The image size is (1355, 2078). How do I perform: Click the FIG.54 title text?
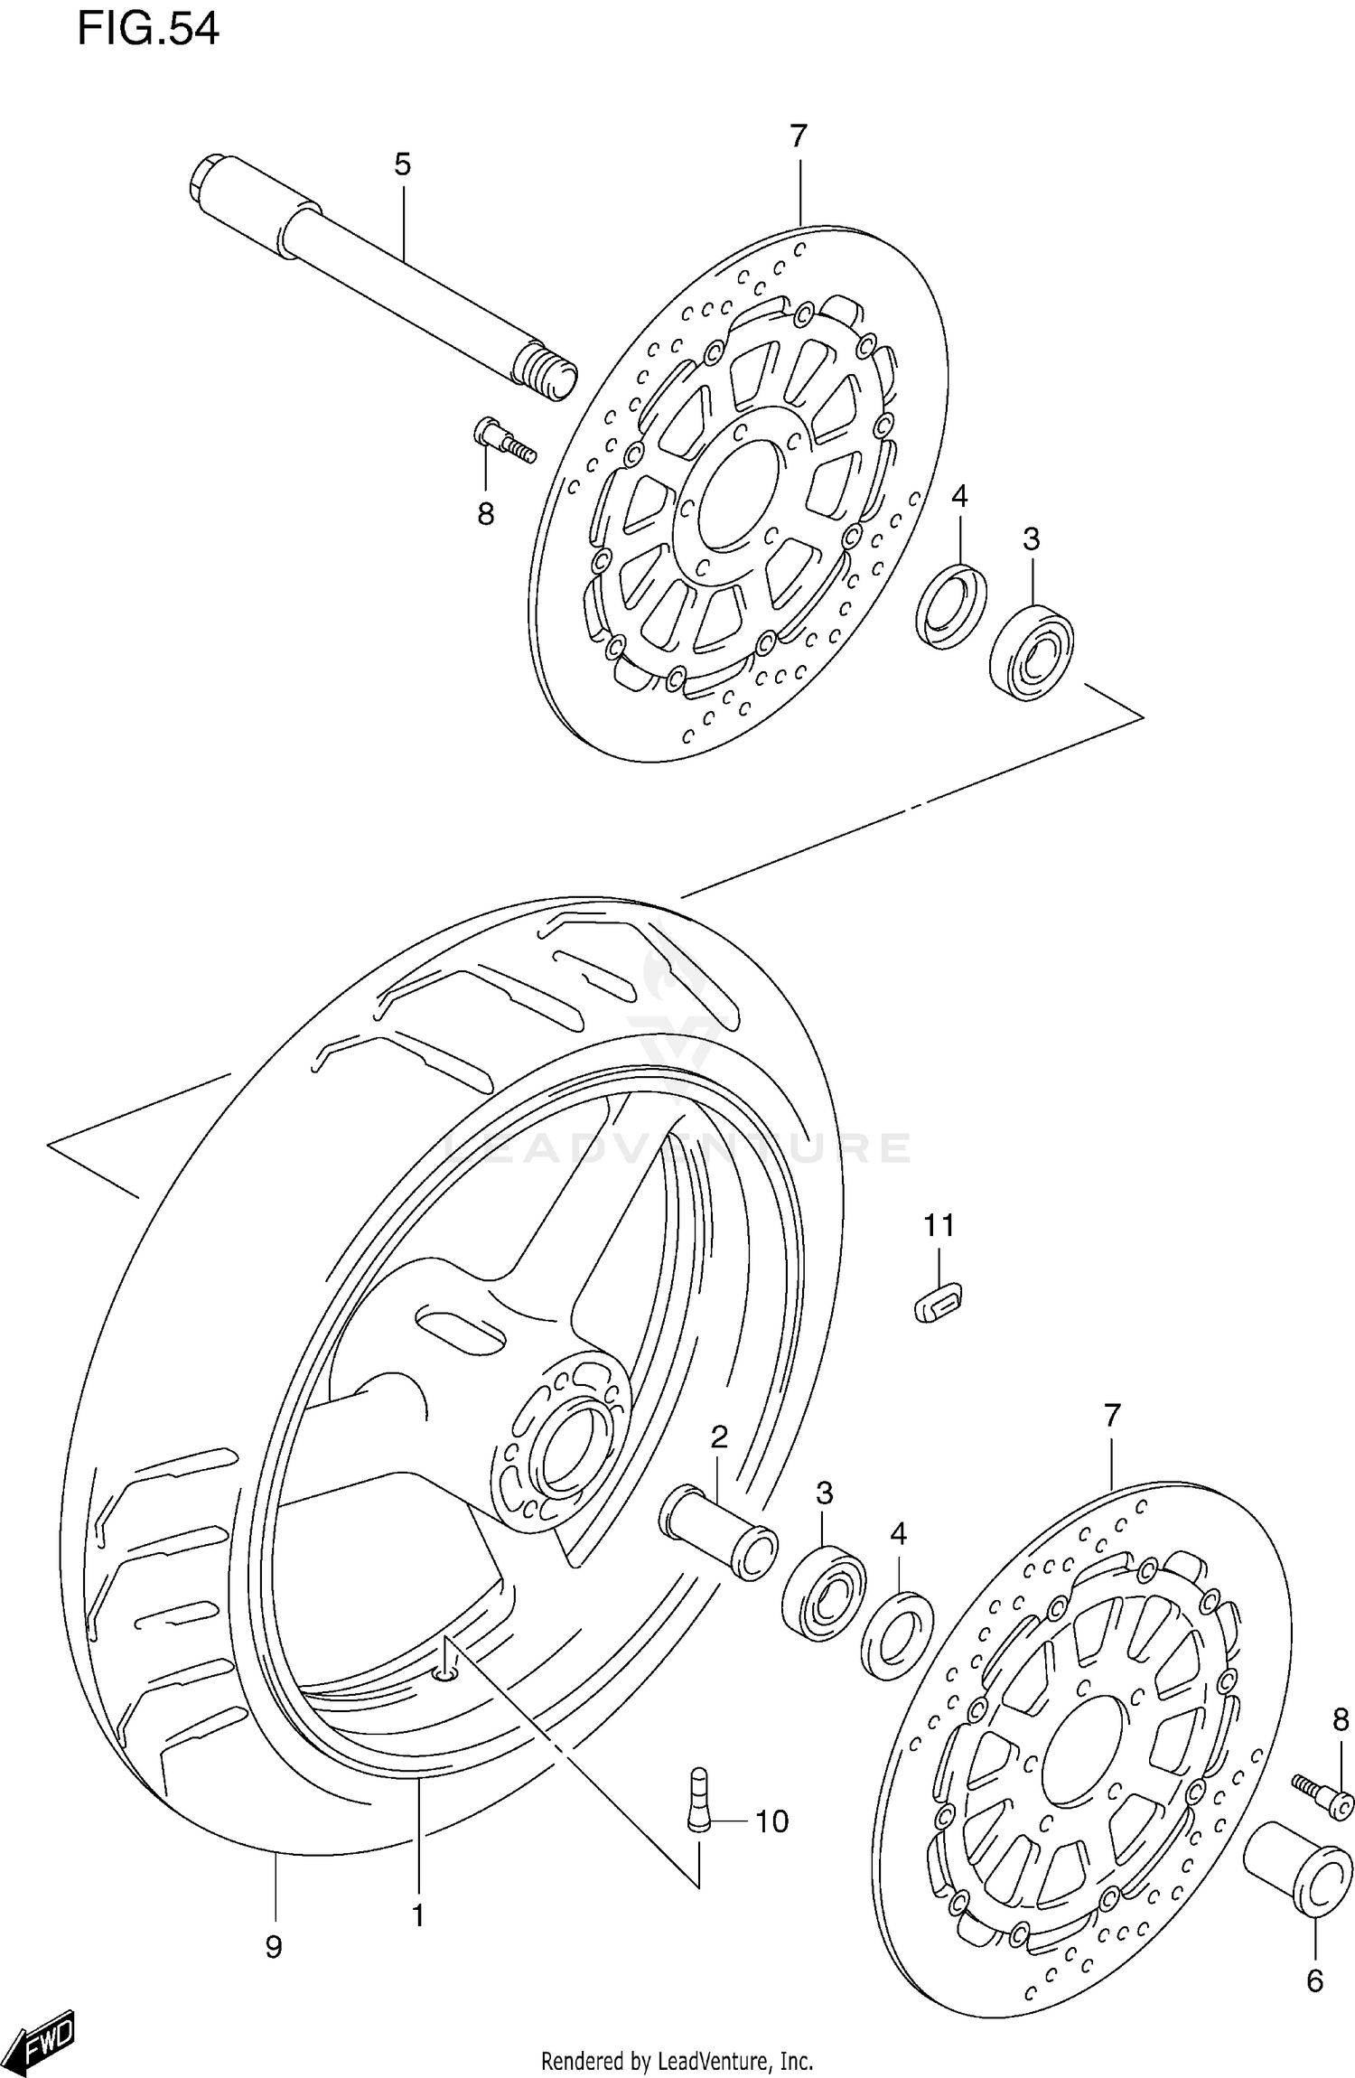[147, 30]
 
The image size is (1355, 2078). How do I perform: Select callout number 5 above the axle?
[402, 164]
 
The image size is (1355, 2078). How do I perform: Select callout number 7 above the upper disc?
[798, 136]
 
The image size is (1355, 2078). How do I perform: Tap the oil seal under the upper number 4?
[950, 604]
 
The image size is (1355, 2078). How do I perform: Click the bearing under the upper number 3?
[1032, 651]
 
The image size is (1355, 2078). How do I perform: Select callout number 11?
[939, 1226]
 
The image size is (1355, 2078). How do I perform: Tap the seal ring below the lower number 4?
[897, 1636]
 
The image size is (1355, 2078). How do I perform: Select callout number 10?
[771, 1821]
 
